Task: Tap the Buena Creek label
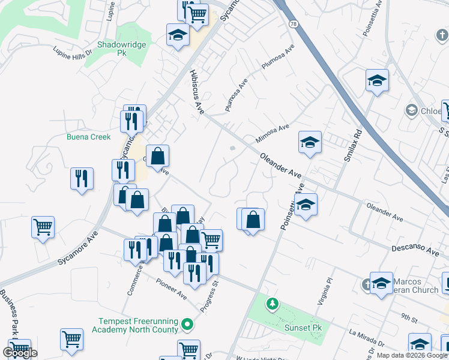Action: click(x=89, y=137)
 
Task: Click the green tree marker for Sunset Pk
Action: click(x=272, y=304)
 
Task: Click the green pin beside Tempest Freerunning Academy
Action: click(x=188, y=325)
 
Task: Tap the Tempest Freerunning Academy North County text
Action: click(x=135, y=325)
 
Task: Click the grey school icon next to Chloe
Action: click(x=411, y=110)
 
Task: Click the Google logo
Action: click(x=20, y=352)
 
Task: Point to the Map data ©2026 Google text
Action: click(x=412, y=355)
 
